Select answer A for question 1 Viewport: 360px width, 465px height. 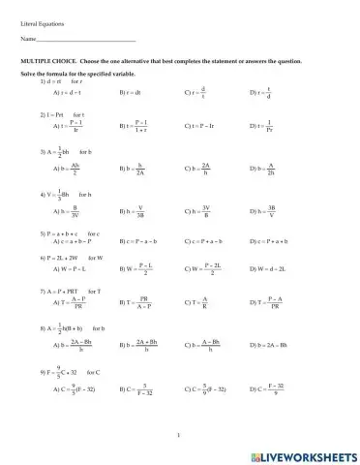(59, 93)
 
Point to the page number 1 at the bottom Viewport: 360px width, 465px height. (179, 436)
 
